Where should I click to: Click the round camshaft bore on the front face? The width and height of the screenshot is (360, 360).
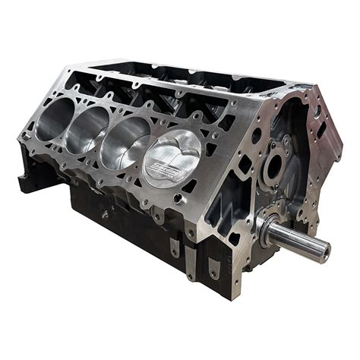[275, 169]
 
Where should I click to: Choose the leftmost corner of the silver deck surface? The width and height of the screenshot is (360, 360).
[18, 135]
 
